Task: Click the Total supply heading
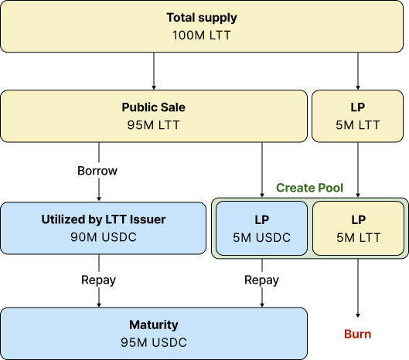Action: pyautogui.click(x=202, y=18)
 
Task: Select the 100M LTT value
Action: pyautogui.click(x=202, y=36)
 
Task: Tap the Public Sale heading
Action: pyautogui.click(x=154, y=107)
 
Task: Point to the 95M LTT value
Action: pyautogui.click(x=154, y=125)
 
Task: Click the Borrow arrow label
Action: pyautogui.click(x=97, y=171)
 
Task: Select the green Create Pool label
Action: pyautogui.click(x=309, y=188)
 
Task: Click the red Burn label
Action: pyautogui.click(x=358, y=334)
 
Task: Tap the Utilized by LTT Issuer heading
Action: pyautogui.click(x=104, y=219)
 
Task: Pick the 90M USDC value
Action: pyautogui.click(x=104, y=237)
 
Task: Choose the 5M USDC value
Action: pyautogui.click(x=261, y=237)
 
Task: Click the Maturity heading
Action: pyautogui.click(x=154, y=324)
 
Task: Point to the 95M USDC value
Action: pyautogui.click(x=154, y=342)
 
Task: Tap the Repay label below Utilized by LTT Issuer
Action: pyautogui.click(x=99, y=280)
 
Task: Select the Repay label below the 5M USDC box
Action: pyautogui.click(x=261, y=280)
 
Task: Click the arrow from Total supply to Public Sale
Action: pyautogui.click(x=154, y=71)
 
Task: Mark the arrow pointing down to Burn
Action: pyautogui.click(x=358, y=288)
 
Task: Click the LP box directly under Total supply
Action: pyautogui.click(x=358, y=116)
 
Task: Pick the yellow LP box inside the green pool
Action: pyautogui.click(x=359, y=228)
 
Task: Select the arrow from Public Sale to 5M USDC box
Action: pyautogui.click(x=262, y=170)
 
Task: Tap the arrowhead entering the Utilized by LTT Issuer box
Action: pyautogui.click(x=99, y=199)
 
